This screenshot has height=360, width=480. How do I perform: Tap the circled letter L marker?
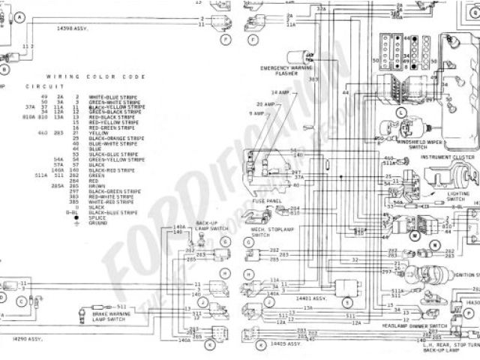401,112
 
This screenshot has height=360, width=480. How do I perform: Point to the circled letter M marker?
413,235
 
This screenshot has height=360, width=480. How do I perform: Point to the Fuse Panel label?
268,200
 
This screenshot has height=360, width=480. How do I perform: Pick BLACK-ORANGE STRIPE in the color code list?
115,139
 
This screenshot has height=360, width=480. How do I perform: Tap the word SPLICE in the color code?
97,217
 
